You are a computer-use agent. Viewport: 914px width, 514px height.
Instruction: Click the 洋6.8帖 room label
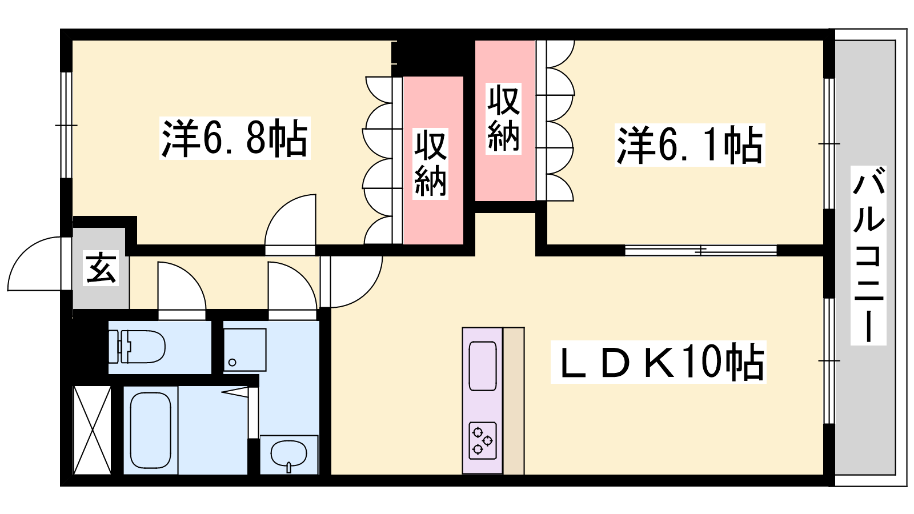pos(235,138)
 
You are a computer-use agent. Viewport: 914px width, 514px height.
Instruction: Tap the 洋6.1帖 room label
pos(689,145)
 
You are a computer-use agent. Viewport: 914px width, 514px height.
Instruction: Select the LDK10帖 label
pos(658,362)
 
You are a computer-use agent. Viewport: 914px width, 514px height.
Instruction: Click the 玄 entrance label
pos(101,268)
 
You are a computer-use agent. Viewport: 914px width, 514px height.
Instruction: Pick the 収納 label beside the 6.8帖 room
pos(430,163)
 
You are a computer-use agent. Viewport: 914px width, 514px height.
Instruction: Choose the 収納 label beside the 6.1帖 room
pos(503,119)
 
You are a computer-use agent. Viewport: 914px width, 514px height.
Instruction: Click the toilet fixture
pos(137,347)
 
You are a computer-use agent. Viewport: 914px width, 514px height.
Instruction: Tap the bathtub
pos(151,431)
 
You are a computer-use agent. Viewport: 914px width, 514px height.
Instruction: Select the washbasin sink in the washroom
pos(289,453)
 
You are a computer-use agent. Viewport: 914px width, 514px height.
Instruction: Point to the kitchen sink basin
pos(483,366)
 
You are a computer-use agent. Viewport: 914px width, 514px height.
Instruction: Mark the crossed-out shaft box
pos(92,430)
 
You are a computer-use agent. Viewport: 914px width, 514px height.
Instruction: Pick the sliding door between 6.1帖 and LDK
pos(700,250)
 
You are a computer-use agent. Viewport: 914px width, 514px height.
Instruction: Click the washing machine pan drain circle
pos(232,362)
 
